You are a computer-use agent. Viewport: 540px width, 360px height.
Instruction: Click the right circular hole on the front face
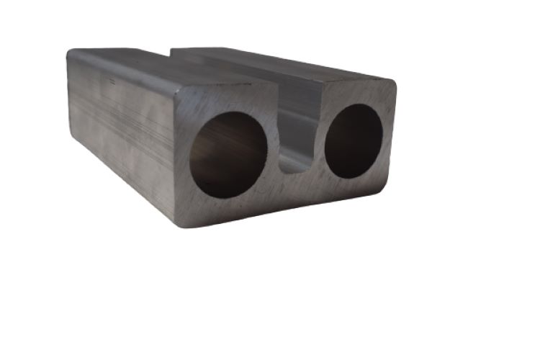(354, 141)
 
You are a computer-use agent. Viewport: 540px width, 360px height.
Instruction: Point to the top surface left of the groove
(173, 68)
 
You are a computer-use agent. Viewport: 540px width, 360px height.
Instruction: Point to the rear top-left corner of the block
(70, 52)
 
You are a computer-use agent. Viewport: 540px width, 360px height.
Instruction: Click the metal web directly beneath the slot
(297, 186)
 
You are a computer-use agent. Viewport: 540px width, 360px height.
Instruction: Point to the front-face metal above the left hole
(227, 101)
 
